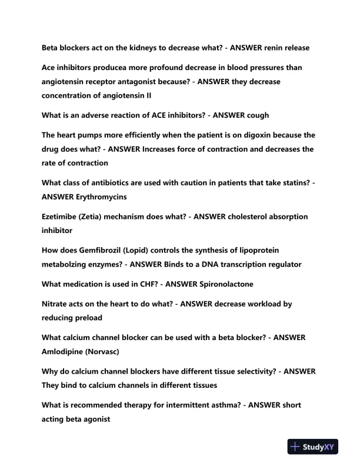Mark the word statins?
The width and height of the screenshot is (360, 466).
(292, 183)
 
